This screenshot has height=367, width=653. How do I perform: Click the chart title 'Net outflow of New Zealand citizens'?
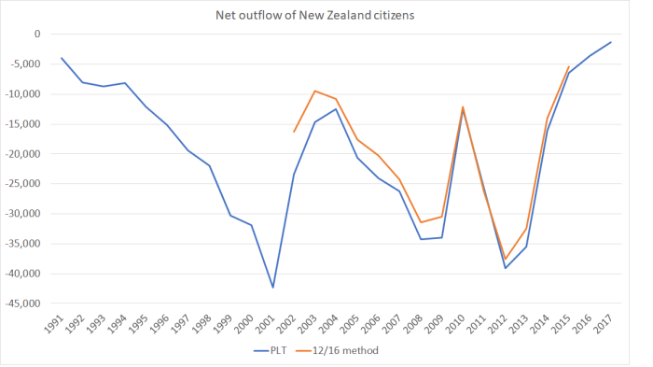coord(326,14)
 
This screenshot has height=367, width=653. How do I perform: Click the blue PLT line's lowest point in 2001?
coord(272,287)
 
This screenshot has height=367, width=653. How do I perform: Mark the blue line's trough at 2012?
coord(505,268)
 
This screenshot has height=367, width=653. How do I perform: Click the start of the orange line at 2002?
coord(294,132)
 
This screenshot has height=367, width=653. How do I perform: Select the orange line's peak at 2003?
coord(314,91)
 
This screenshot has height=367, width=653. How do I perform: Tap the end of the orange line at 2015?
coord(568,66)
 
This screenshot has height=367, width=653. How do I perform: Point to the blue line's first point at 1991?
coord(62,58)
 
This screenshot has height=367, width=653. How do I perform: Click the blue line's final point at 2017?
coord(610,42)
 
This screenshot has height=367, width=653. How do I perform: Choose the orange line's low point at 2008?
coord(421,222)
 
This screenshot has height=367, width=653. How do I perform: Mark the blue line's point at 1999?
coord(230,216)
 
